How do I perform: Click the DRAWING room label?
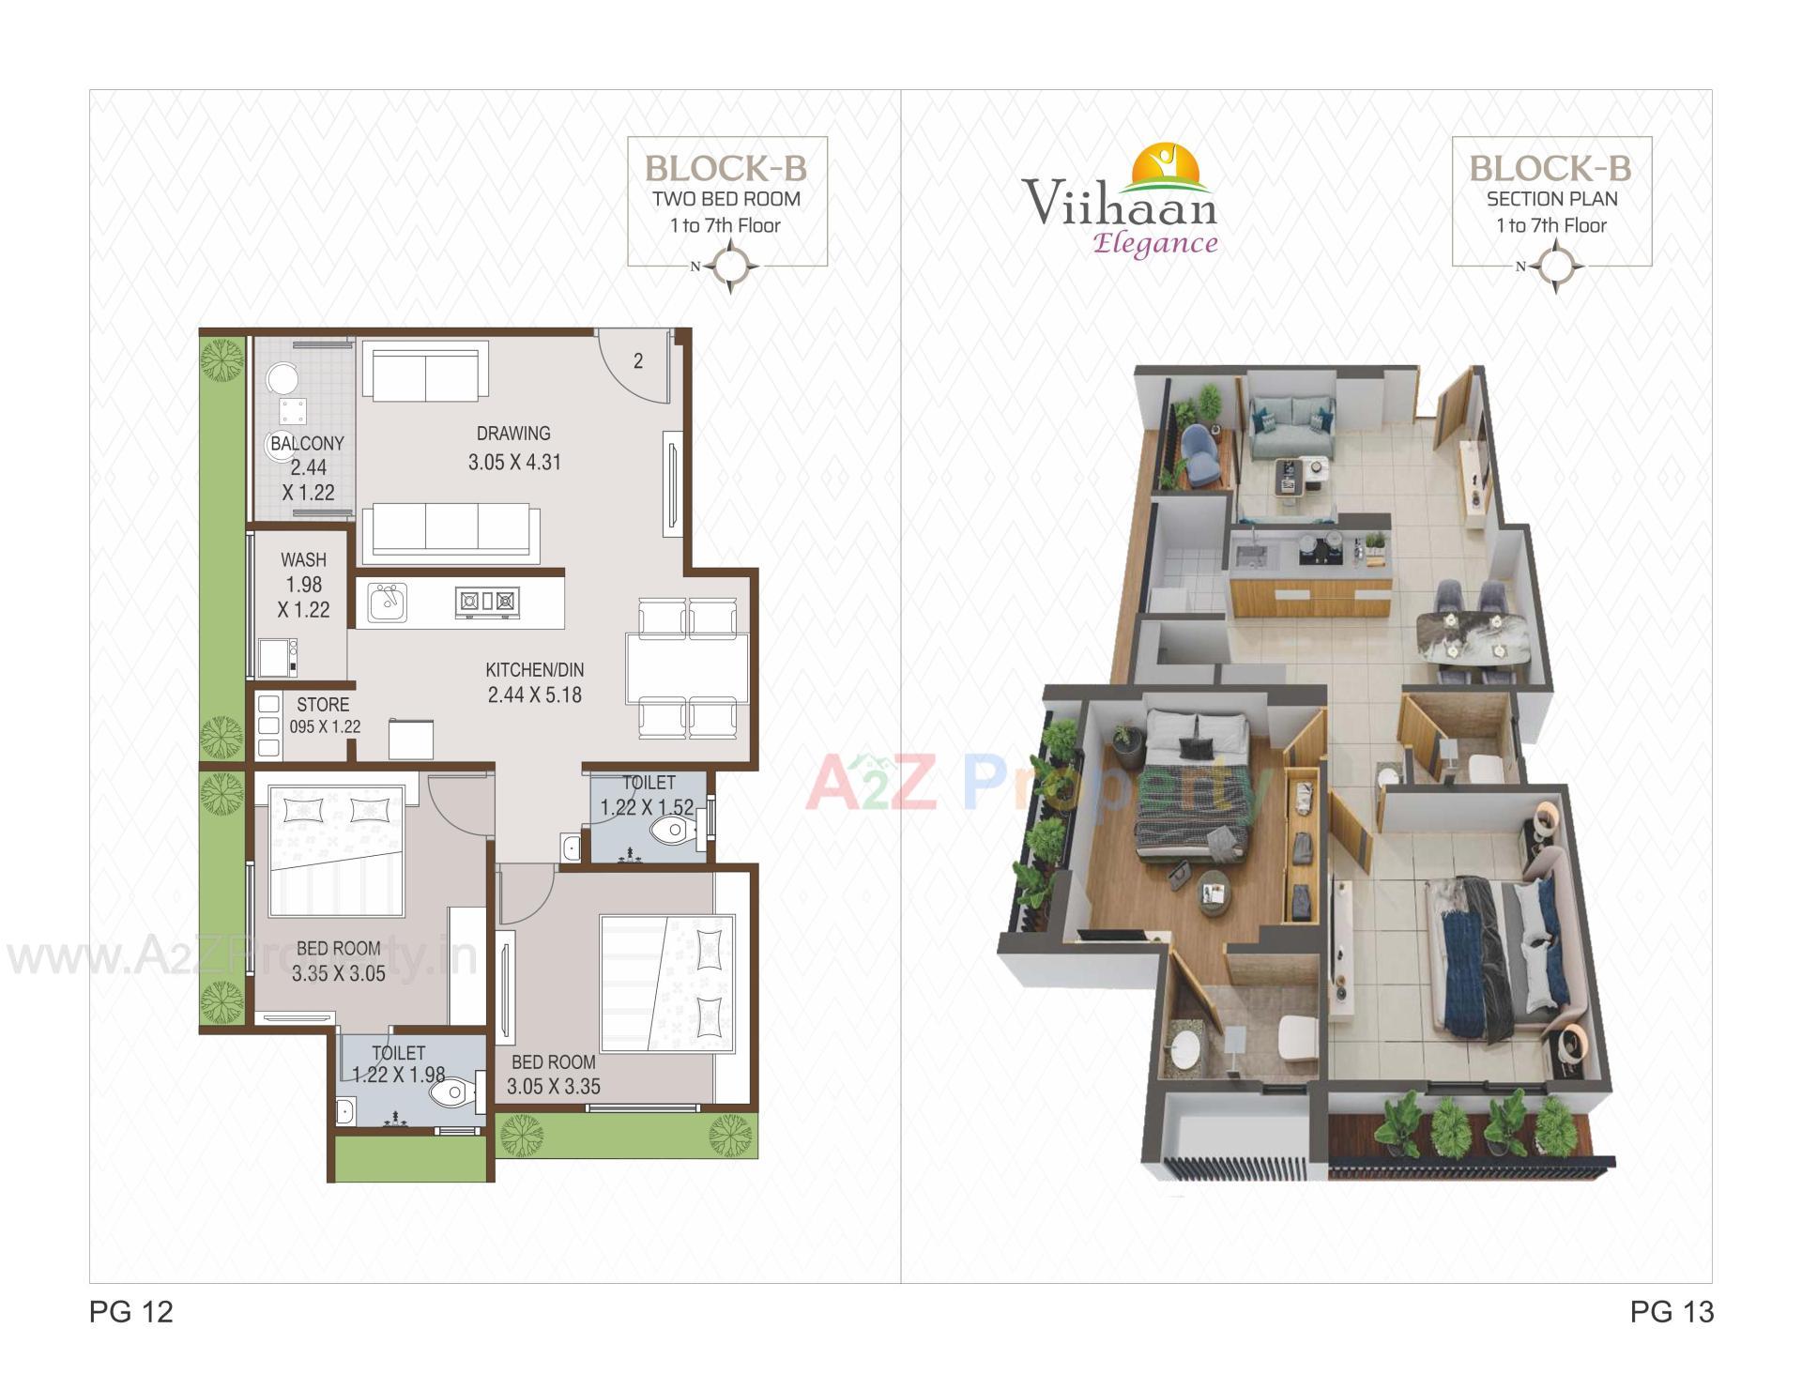tap(512, 434)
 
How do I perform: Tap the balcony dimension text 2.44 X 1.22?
tap(309, 480)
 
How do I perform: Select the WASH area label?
tap(303, 560)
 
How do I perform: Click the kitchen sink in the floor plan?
tap(387, 603)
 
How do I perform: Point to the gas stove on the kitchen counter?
tap(486, 601)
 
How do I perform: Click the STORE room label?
tap(323, 705)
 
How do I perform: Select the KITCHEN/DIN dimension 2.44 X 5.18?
tap(534, 695)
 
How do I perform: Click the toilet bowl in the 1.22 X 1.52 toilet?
tap(672, 830)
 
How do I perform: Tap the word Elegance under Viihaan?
tap(1155, 244)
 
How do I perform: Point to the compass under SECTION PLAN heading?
tap(1555, 267)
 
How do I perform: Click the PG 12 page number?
tap(131, 1312)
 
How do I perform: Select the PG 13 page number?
tap(1672, 1312)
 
